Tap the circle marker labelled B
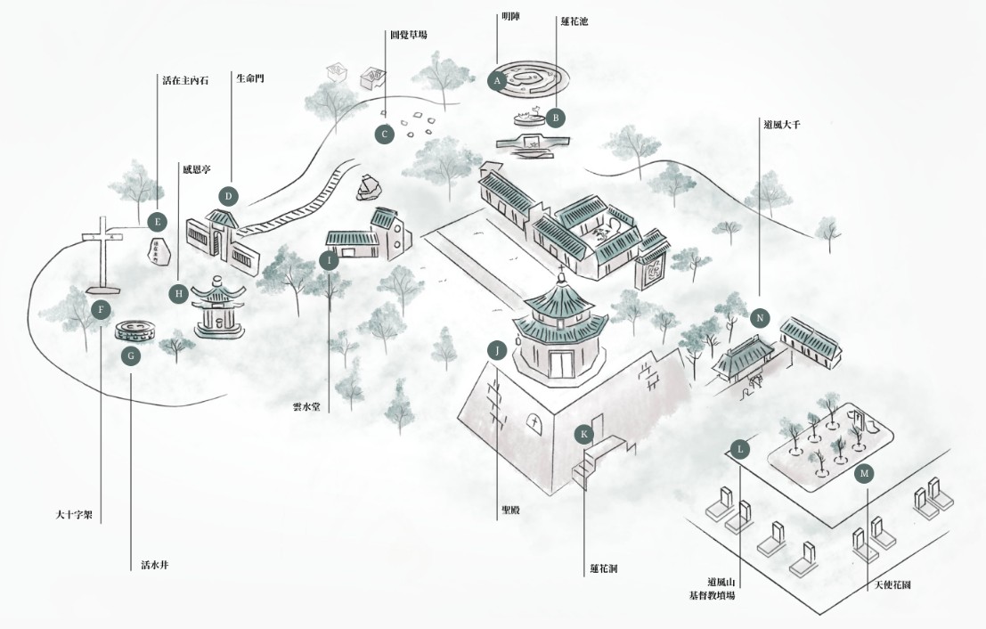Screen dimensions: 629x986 point(555,117)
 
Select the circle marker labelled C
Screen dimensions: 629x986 point(384,135)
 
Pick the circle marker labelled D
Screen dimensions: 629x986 point(228,196)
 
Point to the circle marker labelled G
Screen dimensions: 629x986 point(131,355)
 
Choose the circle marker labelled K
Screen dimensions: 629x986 point(584,434)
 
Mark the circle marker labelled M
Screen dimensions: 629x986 point(863,474)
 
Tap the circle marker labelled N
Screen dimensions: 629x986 point(759,318)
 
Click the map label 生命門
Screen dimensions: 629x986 point(249,78)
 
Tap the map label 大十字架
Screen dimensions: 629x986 point(74,514)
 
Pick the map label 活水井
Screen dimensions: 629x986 point(154,564)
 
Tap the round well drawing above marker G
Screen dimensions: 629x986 point(137,330)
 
